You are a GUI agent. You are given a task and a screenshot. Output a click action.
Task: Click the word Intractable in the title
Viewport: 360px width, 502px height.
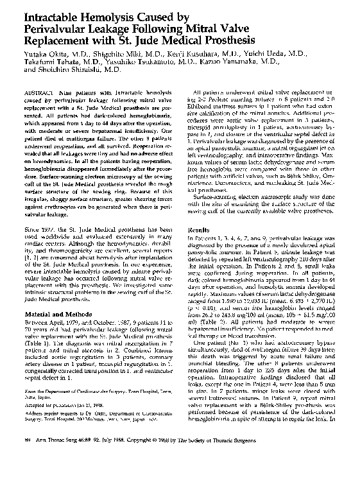pos(52,10)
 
